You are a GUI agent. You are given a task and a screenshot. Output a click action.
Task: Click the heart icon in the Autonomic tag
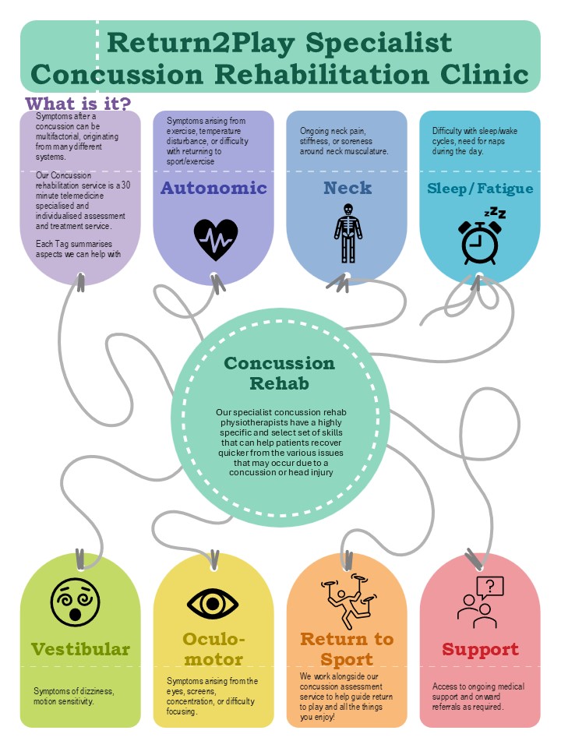(215, 239)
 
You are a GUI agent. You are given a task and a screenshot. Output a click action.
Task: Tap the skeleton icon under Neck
(348, 233)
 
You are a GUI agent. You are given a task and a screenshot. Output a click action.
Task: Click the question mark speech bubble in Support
(490, 587)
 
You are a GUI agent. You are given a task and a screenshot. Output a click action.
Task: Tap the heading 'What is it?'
(78, 104)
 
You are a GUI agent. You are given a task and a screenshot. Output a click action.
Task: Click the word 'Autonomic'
(213, 188)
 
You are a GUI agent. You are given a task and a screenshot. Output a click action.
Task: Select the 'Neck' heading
(348, 188)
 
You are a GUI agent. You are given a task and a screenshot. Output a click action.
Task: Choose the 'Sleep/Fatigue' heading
(480, 188)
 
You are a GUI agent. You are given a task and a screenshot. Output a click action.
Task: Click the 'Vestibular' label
(80, 649)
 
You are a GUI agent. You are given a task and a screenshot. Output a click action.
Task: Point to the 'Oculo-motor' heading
(213, 650)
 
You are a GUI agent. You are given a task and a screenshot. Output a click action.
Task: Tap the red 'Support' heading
(480, 649)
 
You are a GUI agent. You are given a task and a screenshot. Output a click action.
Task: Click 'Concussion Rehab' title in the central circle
(279, 373)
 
